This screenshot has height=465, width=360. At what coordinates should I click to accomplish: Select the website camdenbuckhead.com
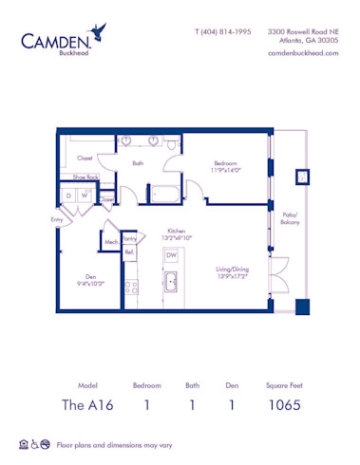coord(305,53)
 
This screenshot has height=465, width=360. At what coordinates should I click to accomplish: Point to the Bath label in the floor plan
coord(138,163)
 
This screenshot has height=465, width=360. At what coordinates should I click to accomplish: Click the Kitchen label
coord(176,231)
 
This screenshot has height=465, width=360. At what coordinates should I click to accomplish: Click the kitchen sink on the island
coord(171,282)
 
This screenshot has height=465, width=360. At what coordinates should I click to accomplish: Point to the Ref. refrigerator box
coord(130,253)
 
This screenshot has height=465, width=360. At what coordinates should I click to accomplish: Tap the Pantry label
coord(130,239)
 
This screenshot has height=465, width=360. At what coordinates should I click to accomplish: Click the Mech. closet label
coord(110,242)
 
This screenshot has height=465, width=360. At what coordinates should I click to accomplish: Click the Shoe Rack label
coord(73,177)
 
